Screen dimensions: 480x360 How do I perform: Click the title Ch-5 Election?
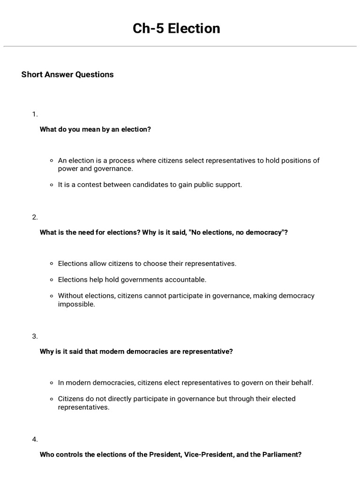(176, 29)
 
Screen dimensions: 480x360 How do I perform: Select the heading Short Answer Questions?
(67, 75)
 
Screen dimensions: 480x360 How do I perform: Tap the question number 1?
(34, 114)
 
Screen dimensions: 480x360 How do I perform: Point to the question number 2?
(35, 217)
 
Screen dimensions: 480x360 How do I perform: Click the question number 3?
(35, 336)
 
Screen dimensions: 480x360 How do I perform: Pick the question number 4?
(35, 439)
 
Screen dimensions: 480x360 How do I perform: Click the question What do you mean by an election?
(95, 129)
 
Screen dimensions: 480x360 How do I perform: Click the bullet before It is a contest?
(52, 185)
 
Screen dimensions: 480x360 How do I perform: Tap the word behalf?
(301, 382)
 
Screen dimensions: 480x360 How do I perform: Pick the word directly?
(117, 399)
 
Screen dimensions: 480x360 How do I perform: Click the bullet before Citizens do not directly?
(52, 399)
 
